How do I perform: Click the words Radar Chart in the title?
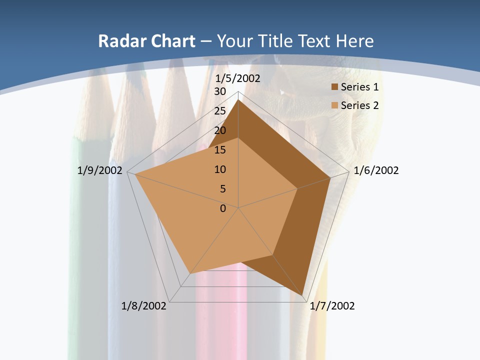coord(146,41)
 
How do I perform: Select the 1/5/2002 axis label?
coord(237,78)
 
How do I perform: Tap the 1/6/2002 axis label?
coord(376,170)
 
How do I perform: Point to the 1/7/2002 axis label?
coord(332,306)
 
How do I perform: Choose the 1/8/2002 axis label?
coord(144,306)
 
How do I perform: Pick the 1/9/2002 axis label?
coord(100,170)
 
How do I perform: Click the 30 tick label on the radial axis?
coord(220,91)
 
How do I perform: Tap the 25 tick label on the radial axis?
coord(220,111)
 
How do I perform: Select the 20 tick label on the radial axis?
coord(220,130)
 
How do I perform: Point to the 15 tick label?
coord(220,150)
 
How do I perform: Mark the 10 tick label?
coord(220,169)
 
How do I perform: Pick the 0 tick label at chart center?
coord(223,208)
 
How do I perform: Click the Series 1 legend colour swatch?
coord(334,87)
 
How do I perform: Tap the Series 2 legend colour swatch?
coord(334,105)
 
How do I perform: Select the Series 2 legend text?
coord(359,105)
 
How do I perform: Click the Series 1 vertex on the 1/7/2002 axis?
coord(302,295)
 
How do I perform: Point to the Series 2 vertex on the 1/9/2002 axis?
coord(134,174)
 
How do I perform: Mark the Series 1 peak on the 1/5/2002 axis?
coord(238,100)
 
